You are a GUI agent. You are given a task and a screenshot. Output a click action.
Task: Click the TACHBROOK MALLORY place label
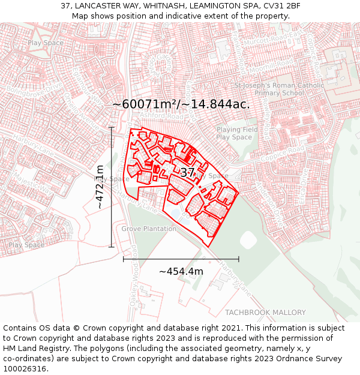point(265,313)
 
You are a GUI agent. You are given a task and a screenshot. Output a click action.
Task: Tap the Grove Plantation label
point(149,229)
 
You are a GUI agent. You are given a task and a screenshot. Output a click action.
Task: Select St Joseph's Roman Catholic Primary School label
point(279,89)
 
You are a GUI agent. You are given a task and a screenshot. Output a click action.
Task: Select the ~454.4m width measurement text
point(181,271)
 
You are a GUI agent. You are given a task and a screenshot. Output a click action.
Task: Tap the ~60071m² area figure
point(145,104)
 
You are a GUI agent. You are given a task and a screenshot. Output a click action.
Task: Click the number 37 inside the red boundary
point(187,173)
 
